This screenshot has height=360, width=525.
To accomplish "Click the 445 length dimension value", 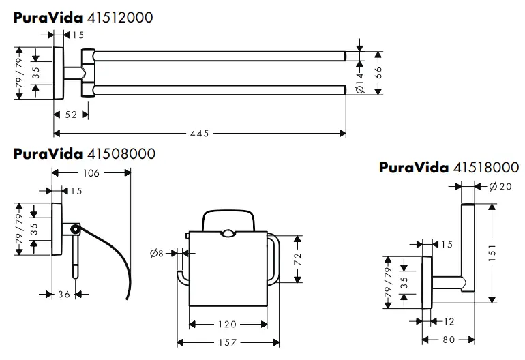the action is (199, 133).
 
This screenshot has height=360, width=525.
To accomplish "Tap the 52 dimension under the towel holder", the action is (71, 115).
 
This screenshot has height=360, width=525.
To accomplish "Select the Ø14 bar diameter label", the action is (359, 82).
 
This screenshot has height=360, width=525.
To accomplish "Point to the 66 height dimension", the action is (378, 72).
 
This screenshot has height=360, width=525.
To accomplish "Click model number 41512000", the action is (120, 18).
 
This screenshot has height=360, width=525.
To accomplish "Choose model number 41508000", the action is (121, 153).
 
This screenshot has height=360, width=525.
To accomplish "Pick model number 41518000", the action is (486, 167).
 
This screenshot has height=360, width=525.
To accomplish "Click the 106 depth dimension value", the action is (91, 172).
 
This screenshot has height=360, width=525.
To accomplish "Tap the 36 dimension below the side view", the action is (64, 295).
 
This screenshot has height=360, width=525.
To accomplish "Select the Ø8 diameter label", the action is (157, 254).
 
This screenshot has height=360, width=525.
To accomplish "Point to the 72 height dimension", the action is (297, 258).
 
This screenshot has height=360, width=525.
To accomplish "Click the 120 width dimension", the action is (227, 324).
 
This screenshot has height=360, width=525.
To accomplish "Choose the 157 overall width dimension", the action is (227, 342).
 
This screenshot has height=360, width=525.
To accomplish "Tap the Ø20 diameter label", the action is (500, 186).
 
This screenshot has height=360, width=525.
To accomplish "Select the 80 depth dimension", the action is (449, 340).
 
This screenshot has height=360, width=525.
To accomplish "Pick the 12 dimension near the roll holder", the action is (449, 322).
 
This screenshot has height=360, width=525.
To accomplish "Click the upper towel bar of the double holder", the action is (220, 56).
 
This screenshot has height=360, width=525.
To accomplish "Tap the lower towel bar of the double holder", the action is (220, 90).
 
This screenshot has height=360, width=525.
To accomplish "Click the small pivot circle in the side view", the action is (75, 229).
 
